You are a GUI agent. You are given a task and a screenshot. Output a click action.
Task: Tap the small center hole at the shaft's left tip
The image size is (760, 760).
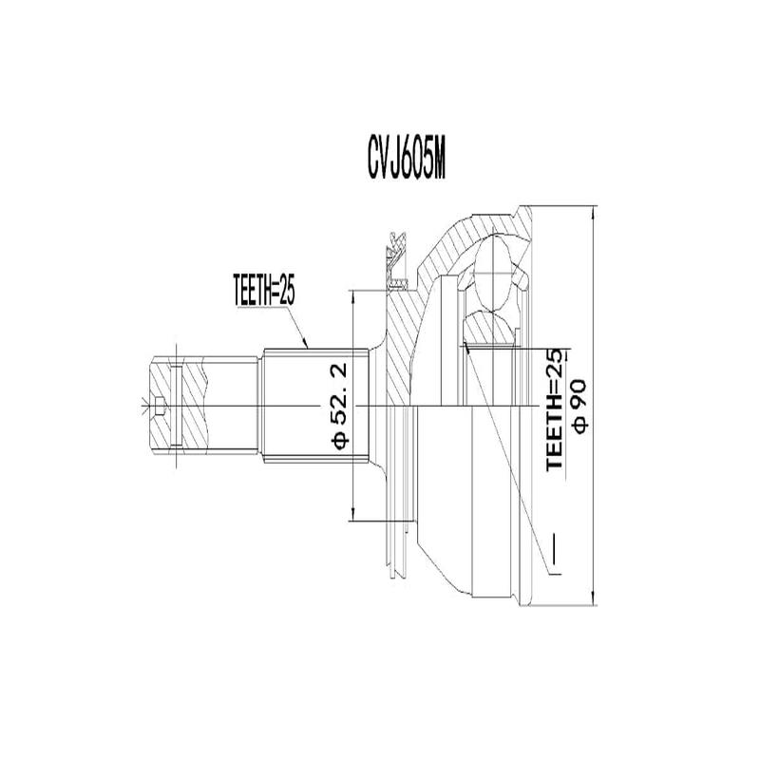[x=161, y=410]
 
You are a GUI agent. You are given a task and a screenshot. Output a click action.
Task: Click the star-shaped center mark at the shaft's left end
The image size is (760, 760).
[x=144, y=408]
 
